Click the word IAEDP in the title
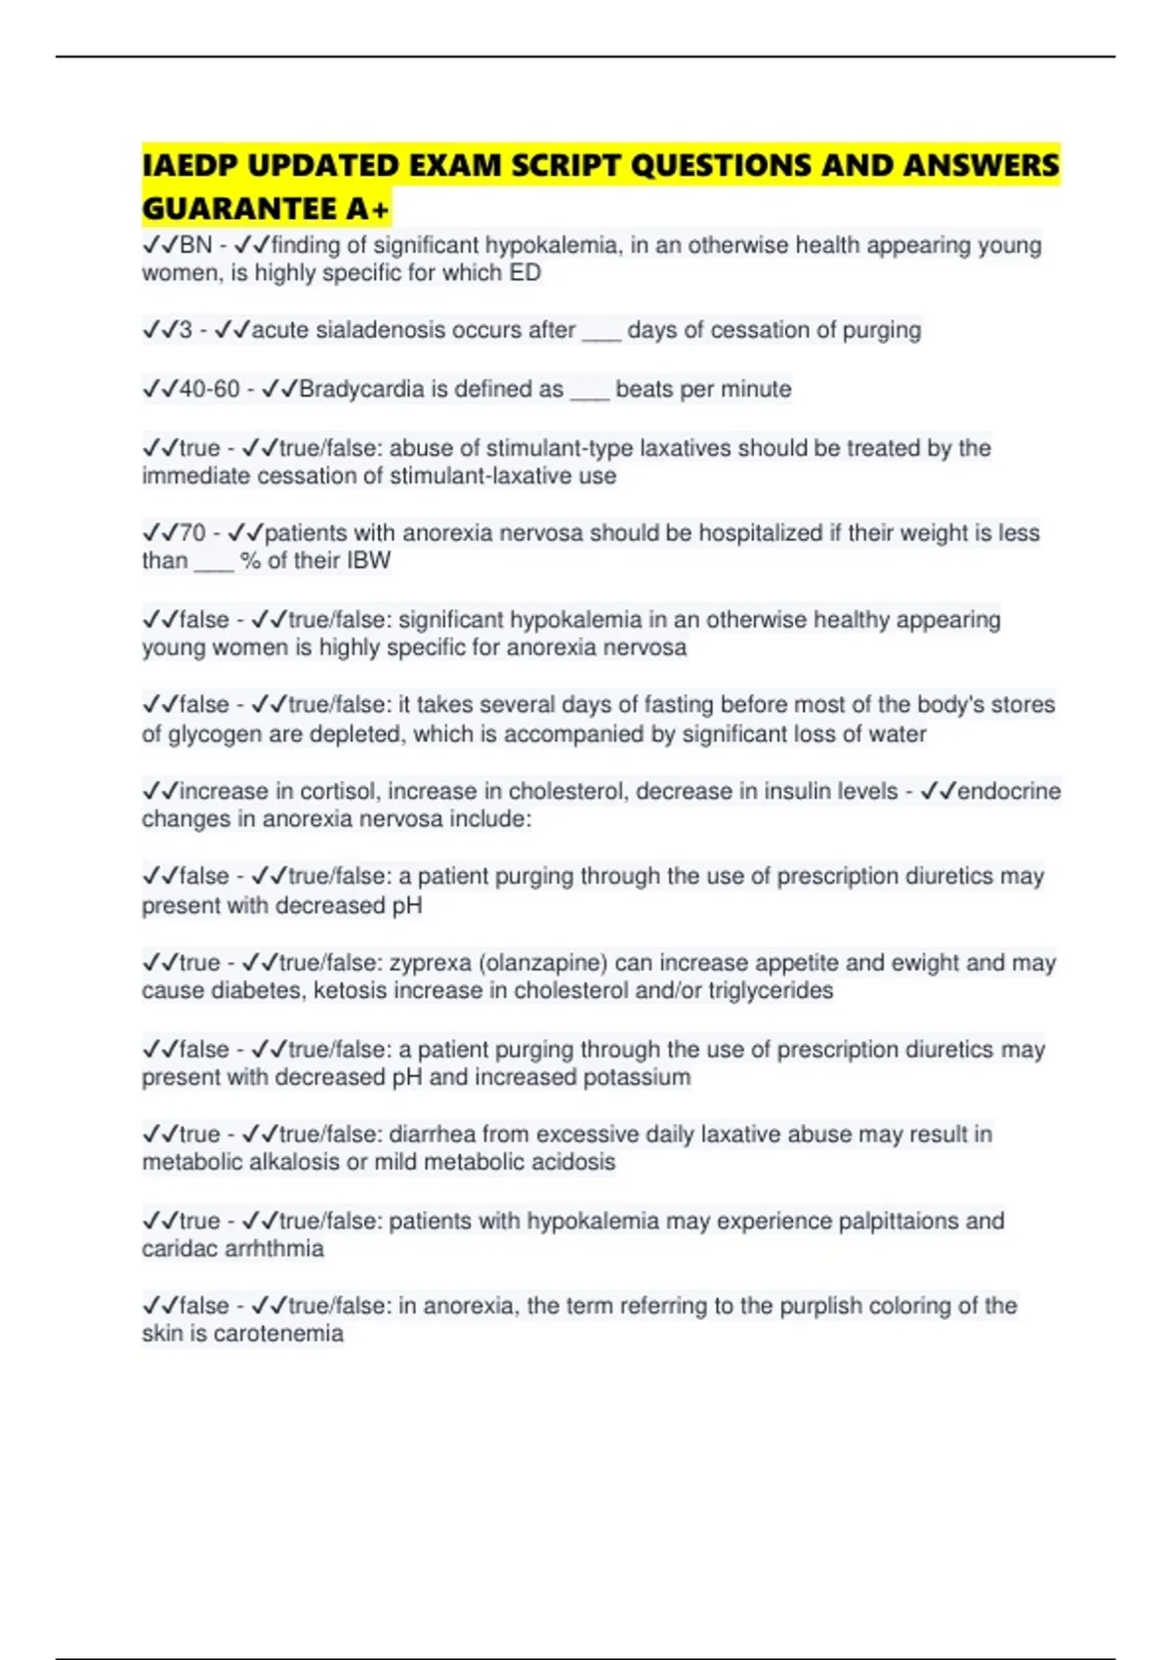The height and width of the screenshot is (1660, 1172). (x=189, y=166)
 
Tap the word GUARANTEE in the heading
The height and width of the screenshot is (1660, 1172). (x=239, y=209)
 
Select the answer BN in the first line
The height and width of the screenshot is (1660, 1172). (x=195, y=245)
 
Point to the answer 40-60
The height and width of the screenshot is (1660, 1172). (x=210, y=389)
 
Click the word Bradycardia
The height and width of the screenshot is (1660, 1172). (x=361, y=389)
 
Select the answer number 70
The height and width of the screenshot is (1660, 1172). (x=193, y=533)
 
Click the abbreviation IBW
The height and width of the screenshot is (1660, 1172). (x=368, y=560)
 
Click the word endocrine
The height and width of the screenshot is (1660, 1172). (x=1009, y=791)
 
